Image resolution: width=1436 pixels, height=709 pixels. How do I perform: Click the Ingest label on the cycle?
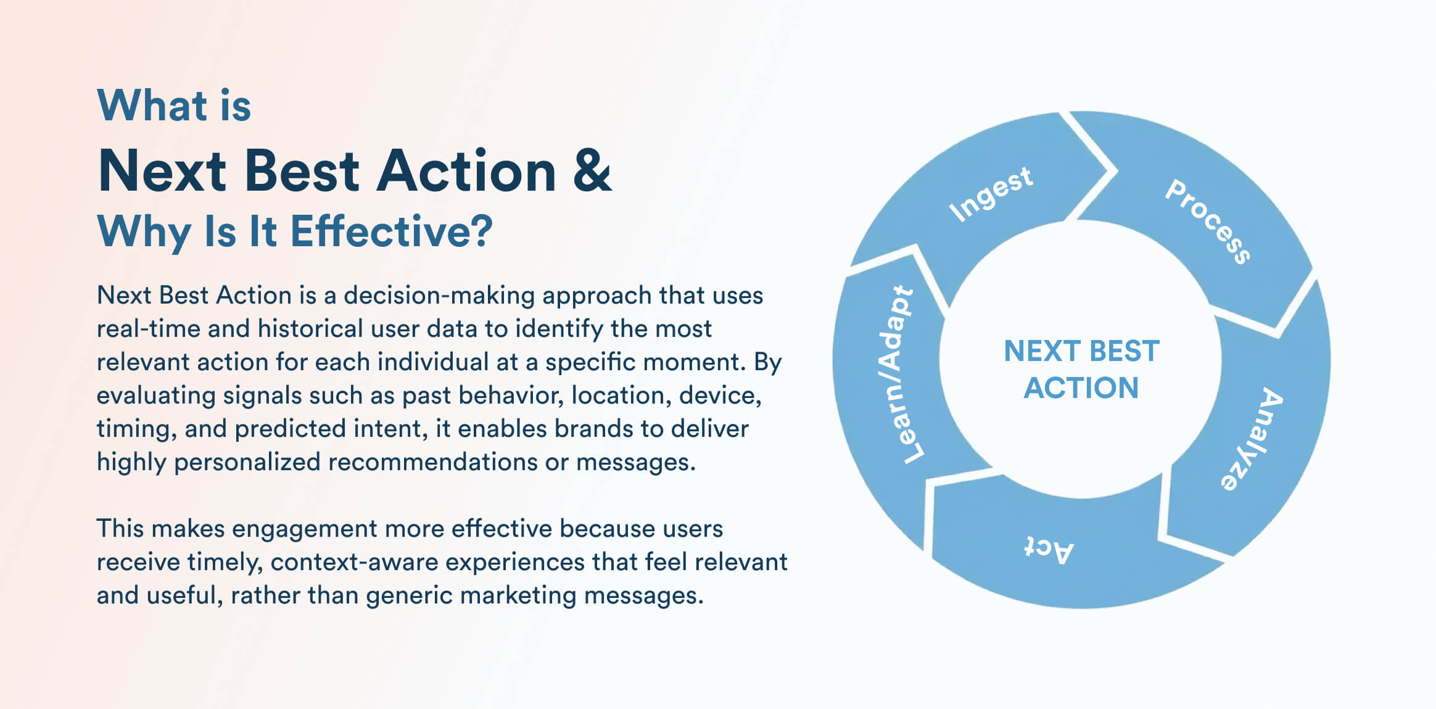pos(991,194)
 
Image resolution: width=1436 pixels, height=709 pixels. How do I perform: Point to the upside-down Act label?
pos(1049,549)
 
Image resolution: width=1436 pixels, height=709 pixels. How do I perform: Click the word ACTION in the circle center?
pos(1081,388)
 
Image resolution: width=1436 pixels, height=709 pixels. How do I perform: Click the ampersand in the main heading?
pos(592,170)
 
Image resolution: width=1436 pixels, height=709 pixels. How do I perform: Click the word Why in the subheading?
pos(144,232)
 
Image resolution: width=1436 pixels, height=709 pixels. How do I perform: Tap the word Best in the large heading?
pos(302,171)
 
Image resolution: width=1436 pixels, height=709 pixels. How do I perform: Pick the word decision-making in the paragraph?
pos(439,296)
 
